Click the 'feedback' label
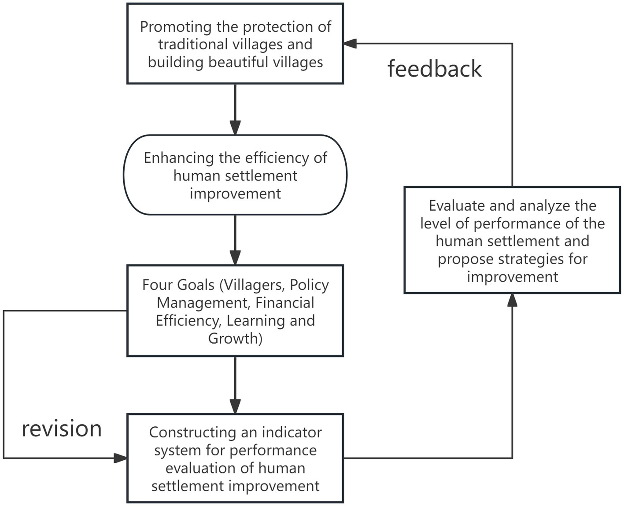[434, 69]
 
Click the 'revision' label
[62, 428]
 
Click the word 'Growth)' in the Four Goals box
[235, 338]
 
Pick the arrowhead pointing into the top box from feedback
[350, 43]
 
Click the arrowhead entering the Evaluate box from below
[512, 300]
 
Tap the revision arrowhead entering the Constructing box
[120, 458]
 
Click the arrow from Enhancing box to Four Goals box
[235, 240]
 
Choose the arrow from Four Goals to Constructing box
[235, 385]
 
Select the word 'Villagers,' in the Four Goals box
[252, 285]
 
